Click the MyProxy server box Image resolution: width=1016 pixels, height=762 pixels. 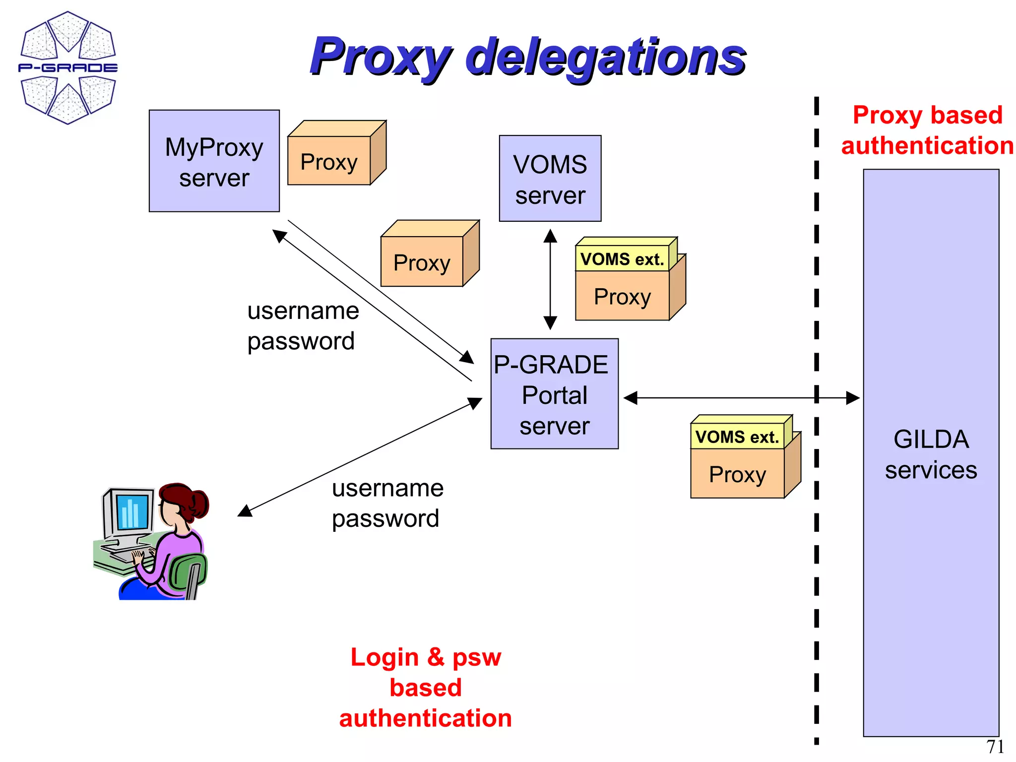click(214, 161)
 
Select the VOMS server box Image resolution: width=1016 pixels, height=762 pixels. click(550, 179)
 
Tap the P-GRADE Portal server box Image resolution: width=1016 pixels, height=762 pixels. click(554, 394)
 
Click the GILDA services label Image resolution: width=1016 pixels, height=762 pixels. click(931, 454)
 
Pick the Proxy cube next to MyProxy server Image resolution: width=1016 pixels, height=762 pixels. click(329, 161)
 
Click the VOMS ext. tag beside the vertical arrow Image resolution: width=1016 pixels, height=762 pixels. click(622, 259)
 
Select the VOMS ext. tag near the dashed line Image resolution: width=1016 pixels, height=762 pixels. click(737, 437)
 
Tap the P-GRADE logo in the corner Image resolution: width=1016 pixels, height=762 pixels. click(68, 67)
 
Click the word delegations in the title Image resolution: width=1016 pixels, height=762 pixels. click(605, 58)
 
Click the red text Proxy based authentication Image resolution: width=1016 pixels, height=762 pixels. click(927, 130)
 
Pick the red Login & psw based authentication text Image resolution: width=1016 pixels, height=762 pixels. click(426, 687)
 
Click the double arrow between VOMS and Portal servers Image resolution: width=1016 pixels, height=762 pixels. click(550, 279)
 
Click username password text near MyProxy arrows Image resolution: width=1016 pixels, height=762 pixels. click(302, 325)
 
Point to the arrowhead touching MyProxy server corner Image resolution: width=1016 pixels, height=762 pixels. click(279, 236)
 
